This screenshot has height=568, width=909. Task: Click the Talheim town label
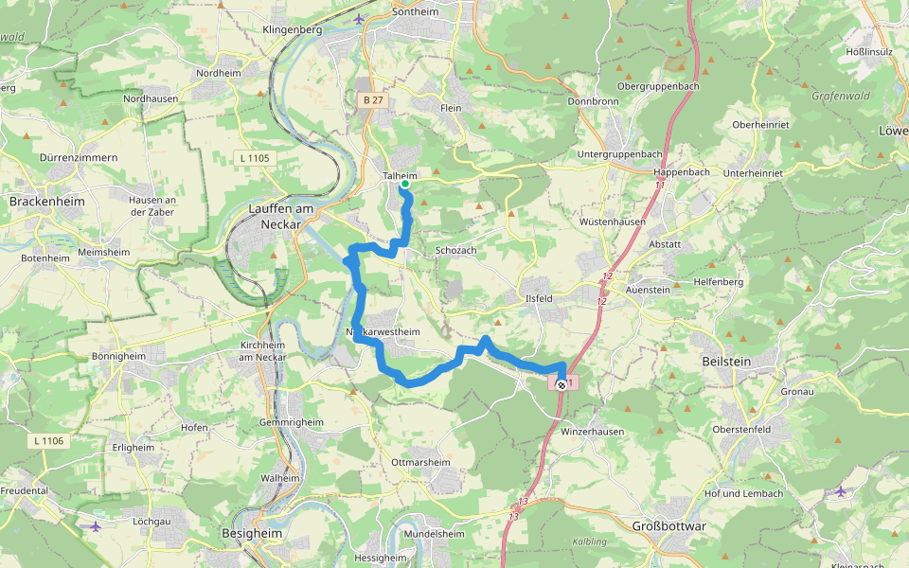pos(400,175)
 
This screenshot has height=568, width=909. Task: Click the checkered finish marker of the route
pos(561,384)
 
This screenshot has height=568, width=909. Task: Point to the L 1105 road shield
pos(255,157)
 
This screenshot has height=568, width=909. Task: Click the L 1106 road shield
pos(45,440)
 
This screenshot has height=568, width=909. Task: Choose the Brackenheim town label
pos(46,202)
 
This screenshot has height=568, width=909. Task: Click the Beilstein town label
pos(727,362)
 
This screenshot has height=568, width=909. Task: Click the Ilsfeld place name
pos(539,298)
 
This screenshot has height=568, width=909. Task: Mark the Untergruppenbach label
pos(620,153)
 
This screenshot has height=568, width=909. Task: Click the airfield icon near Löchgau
pos(95,525)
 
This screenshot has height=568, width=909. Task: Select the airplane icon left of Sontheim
pos(358,19)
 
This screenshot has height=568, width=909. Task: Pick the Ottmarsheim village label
pos(420,462)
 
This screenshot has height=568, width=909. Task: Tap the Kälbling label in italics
pos(590,541)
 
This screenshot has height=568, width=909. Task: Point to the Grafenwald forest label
pos(840,96)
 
